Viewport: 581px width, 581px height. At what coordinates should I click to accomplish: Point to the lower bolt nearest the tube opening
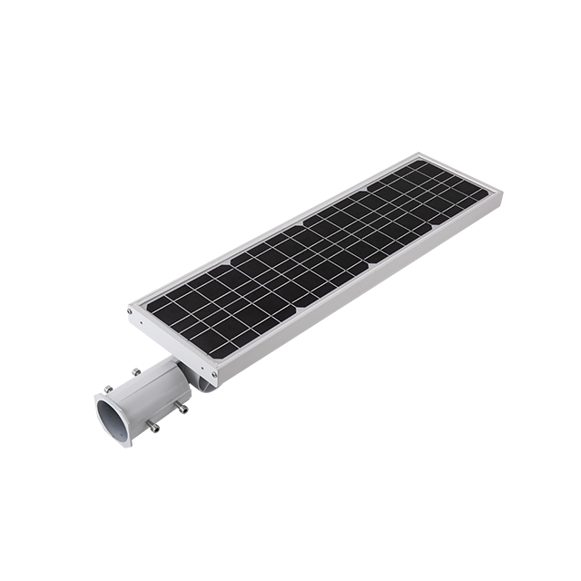(x=152, y=427)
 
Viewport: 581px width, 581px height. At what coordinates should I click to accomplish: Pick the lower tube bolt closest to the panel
(x=182, y=408)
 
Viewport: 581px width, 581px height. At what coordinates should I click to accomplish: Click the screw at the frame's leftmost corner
(x=130, y=310)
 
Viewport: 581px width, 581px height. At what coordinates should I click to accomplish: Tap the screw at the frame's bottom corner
(x=215, y=371)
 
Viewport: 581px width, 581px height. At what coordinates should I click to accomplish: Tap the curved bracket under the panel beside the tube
(x=205, y=385)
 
